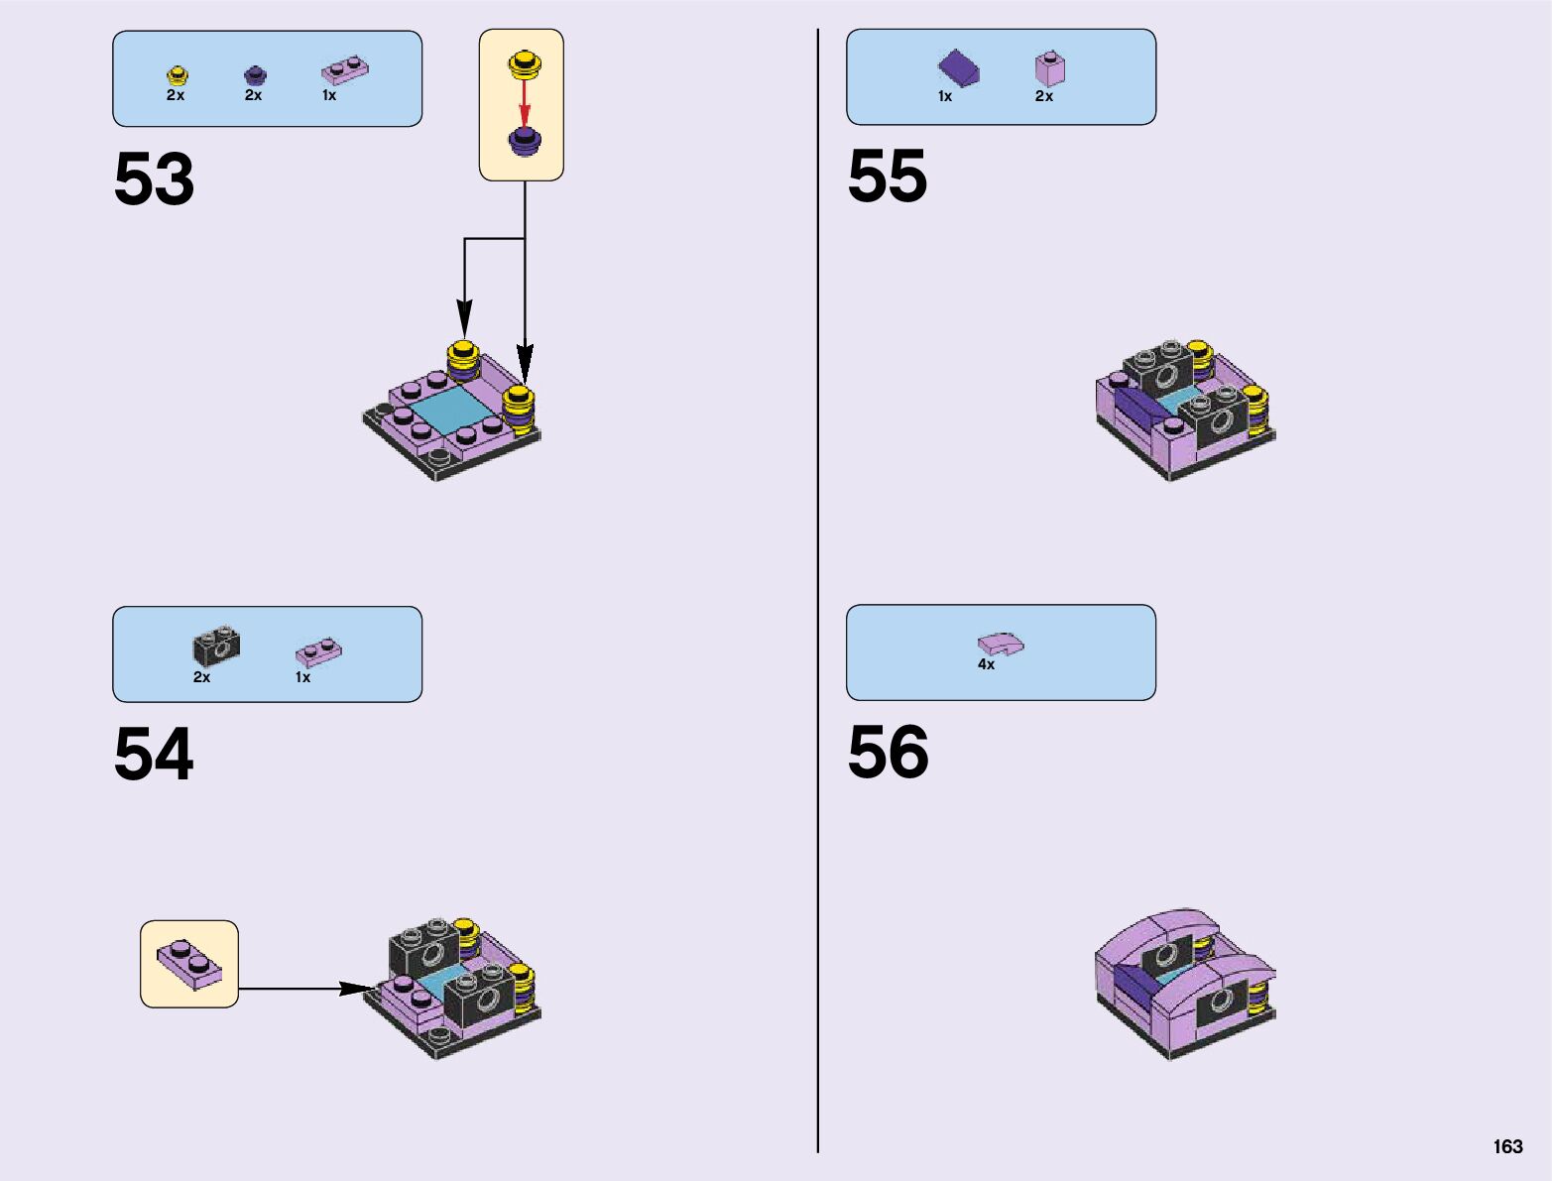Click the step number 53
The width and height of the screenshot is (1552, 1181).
pos(154,179)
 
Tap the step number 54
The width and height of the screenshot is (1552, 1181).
pos(154,755)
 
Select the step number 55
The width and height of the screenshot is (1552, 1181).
pos(888,177)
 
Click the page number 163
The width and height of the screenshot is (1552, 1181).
pos(1507,1146)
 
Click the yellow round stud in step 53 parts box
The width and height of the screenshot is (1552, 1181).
pos(178,74)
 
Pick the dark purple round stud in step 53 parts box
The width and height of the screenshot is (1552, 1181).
pos(255,74)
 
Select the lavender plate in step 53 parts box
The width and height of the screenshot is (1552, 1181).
pos(344,69)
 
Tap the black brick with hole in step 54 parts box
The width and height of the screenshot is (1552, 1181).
pos(215,648)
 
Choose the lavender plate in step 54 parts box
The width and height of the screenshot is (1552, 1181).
pos(318,651)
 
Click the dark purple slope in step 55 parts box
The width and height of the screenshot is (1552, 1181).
pos(958,68)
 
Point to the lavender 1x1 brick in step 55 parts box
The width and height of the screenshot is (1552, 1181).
pos(1049,68)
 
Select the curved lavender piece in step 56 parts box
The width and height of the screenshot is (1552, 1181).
pos(1001,644)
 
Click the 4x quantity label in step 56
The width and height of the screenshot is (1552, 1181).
pos(986,664)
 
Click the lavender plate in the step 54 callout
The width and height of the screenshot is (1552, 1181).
pos(188,964)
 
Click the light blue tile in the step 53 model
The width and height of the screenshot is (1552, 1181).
pos(451,408)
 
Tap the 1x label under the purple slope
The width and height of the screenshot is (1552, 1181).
pos(945,96)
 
